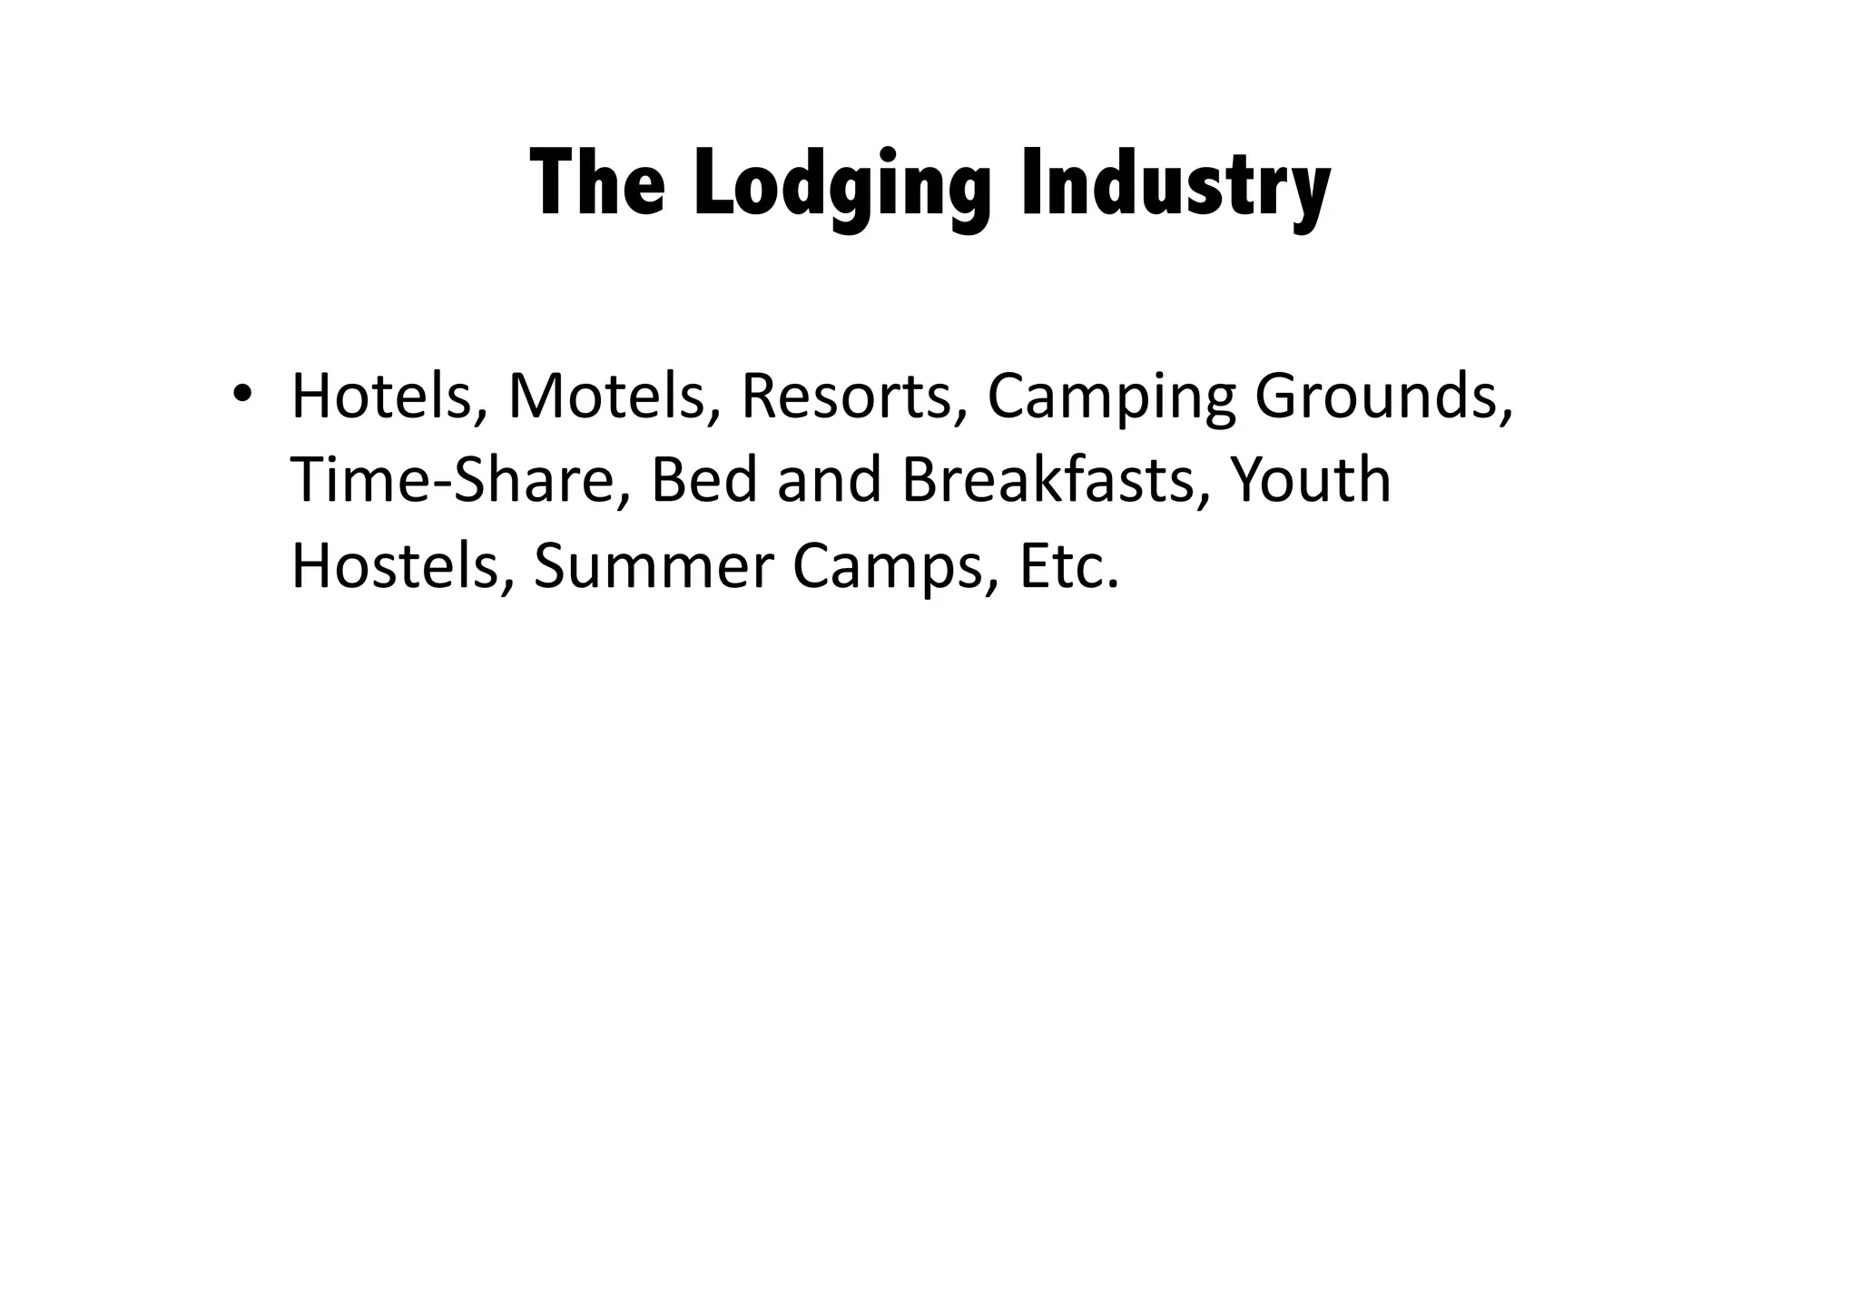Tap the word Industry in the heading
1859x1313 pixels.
1175,186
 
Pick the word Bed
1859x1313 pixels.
704,480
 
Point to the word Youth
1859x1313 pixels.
1310,480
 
